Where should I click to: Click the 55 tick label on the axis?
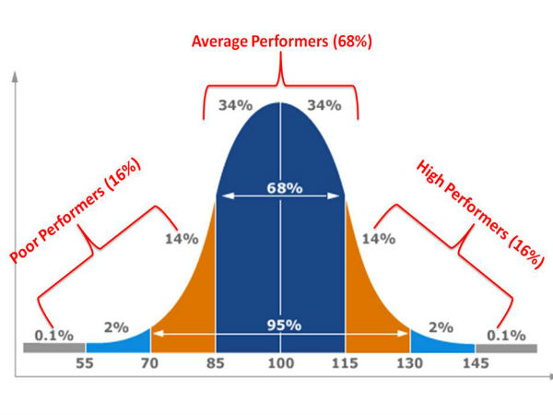tap(86, 365)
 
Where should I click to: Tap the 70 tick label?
tap(150, 365)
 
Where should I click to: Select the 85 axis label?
tap(215, 365)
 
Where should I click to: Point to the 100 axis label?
tap(281, 365)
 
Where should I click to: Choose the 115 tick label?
tap(346, 365)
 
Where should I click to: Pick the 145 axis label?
tap(476, 365)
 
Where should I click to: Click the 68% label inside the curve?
tap(281, 188)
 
